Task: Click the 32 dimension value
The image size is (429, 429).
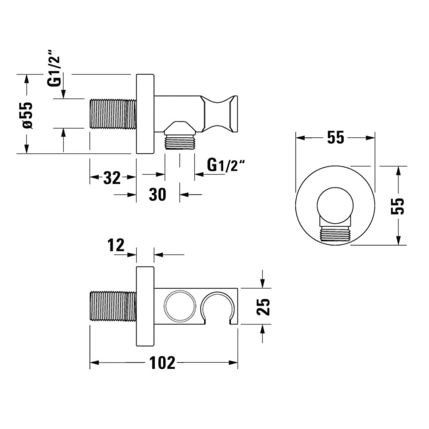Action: tap(112, 178)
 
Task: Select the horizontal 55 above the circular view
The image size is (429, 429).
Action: tap(335, 138)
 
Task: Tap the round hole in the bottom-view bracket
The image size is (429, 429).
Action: tap(178, 306)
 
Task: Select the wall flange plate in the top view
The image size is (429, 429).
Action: tap(145, 113)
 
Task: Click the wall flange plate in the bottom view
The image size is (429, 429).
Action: tap(145, 306)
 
